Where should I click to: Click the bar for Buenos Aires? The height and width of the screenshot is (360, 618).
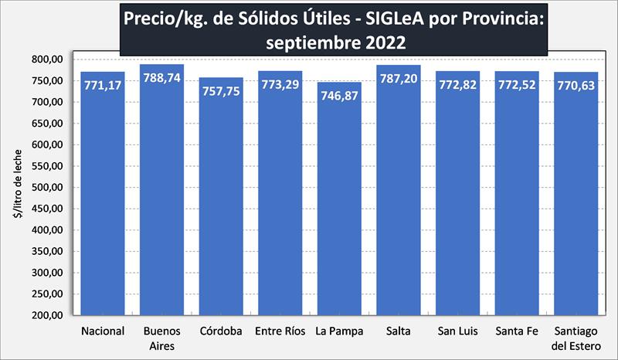pyautogui.click(x=161, y=193)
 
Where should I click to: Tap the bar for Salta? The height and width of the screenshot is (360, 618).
pyautogui.click(x=399, y=193)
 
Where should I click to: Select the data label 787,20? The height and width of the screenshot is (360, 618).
pyautogui.click(x=399, y=78)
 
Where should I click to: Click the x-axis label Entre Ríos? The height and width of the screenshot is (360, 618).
pyautogui.click(x=280, y=332)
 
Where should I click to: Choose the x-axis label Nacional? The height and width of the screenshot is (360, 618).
pyautogui.click(x=103, y=332)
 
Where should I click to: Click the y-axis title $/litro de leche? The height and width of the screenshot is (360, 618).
pyautogui.click(x=17, y=188)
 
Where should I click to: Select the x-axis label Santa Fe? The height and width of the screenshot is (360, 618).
pyautogui.click(x=517, y=332)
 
